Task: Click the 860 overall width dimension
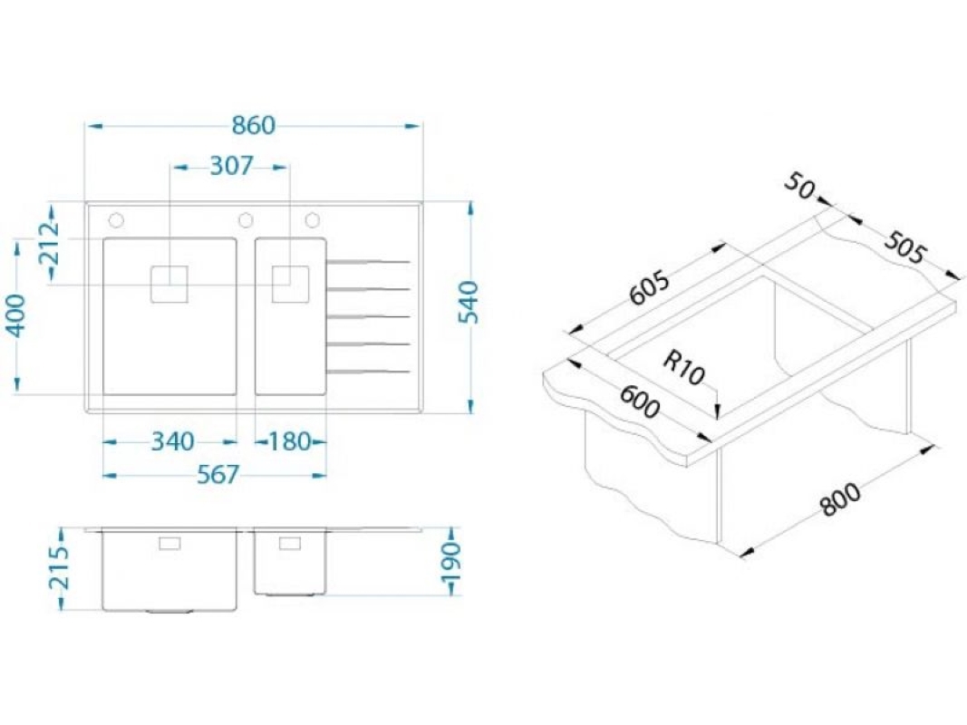pyautogui.click(x=254, y=126)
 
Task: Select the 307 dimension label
pyautogui.click(x=231, y=166)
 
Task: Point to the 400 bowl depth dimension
pyautogui.click(x=16, y=315)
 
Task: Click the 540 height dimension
pyautogui.click(x=469, y=302)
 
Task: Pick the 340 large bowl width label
pyautogui.click(x=173, y=441)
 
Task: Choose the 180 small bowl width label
pyautogui.click(x=289, y=441)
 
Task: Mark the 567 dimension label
pyautogui.click(x=218, y=475)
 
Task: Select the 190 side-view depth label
pyautogui.click(x=452, y=562)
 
